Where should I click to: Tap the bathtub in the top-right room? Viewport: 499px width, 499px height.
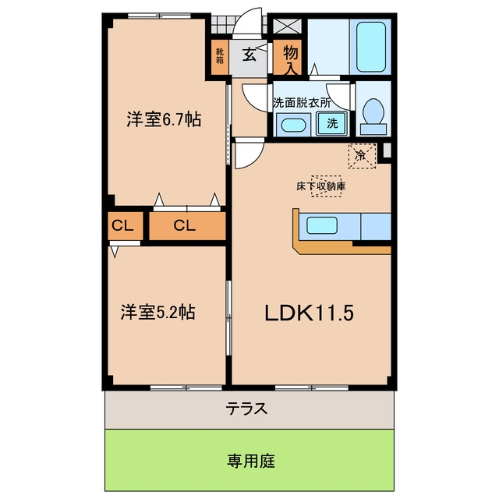pos(371,47)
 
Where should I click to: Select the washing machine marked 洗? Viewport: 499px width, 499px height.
pos(331,123)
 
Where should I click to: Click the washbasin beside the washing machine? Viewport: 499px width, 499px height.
pos(293,125)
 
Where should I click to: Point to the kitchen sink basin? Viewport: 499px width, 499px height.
pos(322,225)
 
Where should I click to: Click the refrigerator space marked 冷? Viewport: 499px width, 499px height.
pos(362,156)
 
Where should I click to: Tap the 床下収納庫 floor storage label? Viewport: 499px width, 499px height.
pos(320,186)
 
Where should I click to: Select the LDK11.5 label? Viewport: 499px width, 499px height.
pos(309,313)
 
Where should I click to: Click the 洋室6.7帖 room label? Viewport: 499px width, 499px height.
pos(164,120)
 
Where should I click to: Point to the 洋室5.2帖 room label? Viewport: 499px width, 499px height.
pos(157,312)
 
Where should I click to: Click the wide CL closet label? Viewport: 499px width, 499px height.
pos(185,225)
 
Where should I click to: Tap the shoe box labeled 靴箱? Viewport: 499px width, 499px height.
pos(220,56)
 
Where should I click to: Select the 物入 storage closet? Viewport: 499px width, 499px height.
pos(291,58)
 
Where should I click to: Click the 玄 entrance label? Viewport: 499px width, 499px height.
pos(249,55)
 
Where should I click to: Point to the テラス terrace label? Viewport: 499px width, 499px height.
pos(246,409)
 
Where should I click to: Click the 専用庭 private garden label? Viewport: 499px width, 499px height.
pos(251,461)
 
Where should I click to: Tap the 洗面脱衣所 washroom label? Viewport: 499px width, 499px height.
pos(302,102)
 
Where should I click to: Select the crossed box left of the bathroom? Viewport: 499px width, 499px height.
pos(288,27)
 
